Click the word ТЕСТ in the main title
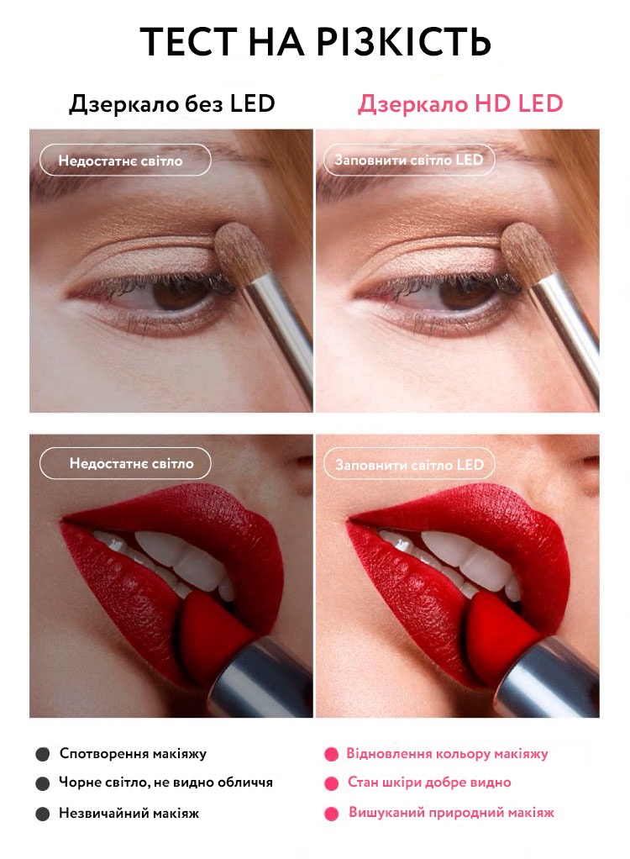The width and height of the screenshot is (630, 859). point(189,42)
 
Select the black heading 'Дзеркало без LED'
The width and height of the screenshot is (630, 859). point(172,104)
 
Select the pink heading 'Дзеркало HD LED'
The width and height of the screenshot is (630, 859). point(460,104)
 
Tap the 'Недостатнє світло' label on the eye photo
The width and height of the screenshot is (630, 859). point(125,160)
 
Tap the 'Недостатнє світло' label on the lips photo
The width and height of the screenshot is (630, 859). point(125,463)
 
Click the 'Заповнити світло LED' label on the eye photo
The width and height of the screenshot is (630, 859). point(409,160)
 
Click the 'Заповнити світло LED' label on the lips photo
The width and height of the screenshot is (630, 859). point(409,465)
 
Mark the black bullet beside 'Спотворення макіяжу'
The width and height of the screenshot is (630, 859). point(43,755)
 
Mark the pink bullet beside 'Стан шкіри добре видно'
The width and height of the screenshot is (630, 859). point(331,783)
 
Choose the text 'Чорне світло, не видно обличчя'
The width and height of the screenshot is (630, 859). point(165,783)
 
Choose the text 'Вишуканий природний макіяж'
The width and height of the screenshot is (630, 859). point(452,813)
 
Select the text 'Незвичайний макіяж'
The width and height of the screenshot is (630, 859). point(129,814)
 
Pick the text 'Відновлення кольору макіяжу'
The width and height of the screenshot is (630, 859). point(447,754)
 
